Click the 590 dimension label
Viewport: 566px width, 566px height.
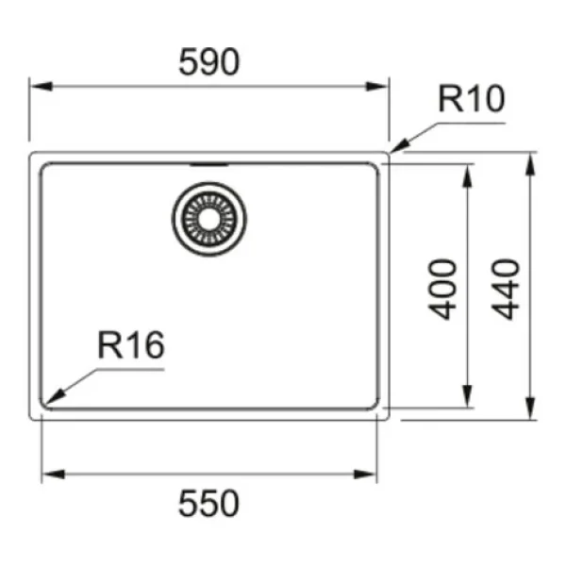pos(209,62)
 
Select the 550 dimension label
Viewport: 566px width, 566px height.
pos(208,503)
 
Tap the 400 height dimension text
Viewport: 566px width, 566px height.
pos(442,290)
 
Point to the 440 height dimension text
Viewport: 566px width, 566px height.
pos(506,290)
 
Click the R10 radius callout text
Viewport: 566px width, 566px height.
pos(471,98)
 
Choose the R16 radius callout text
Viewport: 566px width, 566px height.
pos(131,344)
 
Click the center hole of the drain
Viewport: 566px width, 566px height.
pos(209,219)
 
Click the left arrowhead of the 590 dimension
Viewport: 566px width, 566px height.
pos(42,87)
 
